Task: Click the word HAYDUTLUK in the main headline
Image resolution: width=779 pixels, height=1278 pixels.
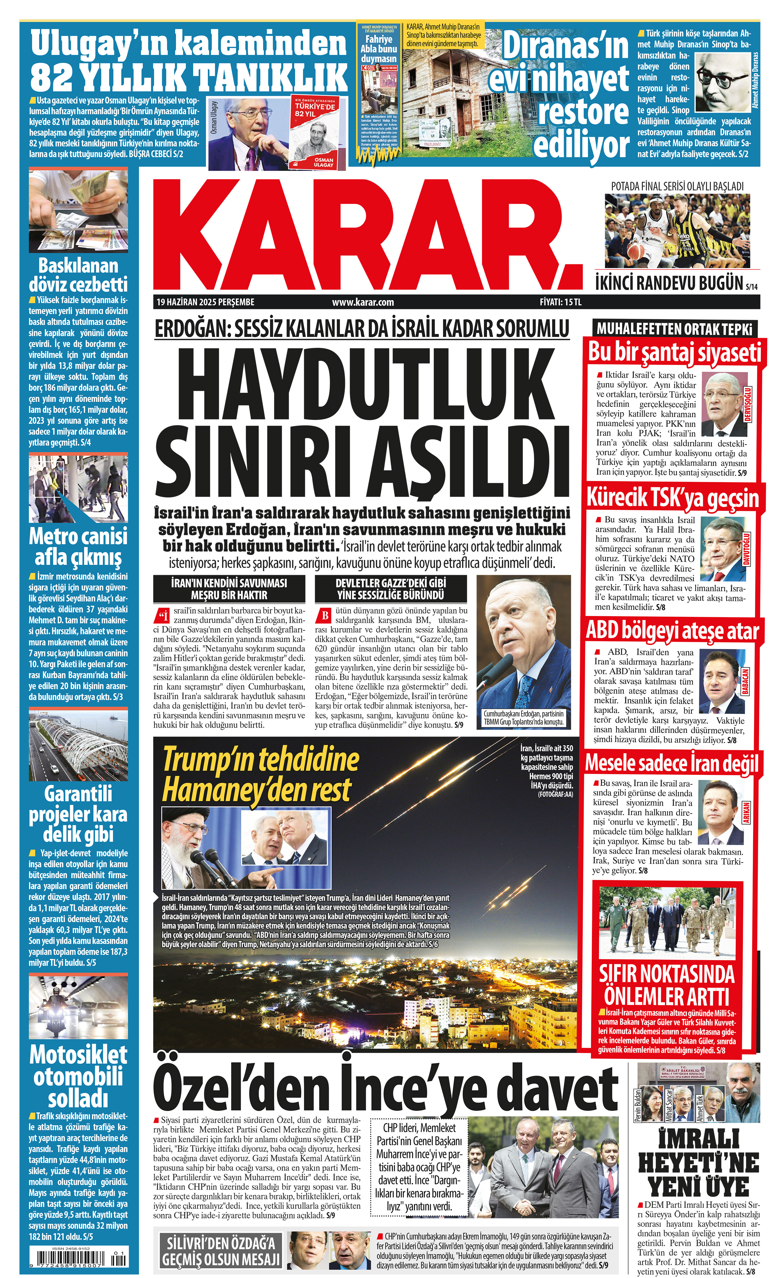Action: pyautogui.click(x=361, y=383)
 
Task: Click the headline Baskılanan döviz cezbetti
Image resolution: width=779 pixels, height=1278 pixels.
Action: pyautogui.click(x=78, y=275)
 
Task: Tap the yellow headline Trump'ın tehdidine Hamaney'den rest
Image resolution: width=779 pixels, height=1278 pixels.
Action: pyautogui.click(x=260, y=776)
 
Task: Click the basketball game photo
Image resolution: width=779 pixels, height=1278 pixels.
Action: pyautogui.click(x=677, y=231)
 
